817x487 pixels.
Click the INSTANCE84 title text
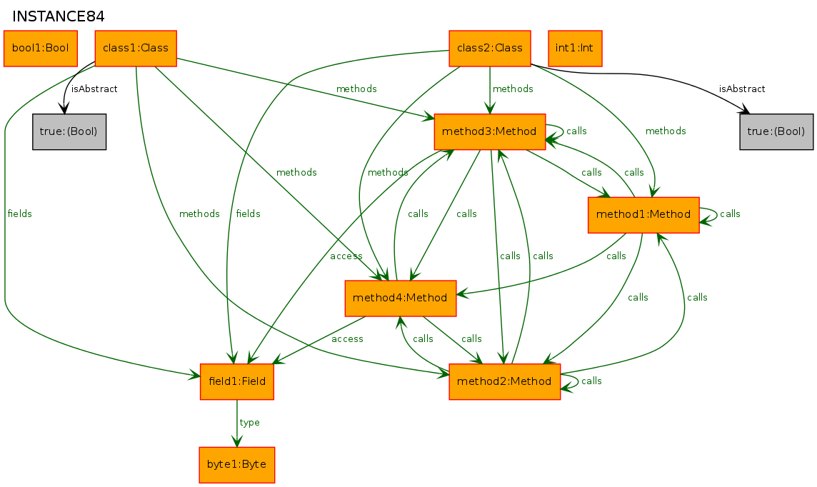coord(59,16)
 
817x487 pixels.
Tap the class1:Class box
coord(136,49)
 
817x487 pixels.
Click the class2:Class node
coord(490,49)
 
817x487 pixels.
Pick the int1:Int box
coord(575,49)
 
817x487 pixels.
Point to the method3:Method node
coord(490,131)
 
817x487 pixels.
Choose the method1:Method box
coord(643,215)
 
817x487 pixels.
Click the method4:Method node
coord(401,298)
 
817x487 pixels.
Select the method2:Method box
coord(505,381)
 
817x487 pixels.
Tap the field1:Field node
coord(237,381)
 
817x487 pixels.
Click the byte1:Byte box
coord(237,465)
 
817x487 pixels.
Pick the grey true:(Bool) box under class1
coord(69,131)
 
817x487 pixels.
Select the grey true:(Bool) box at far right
coord(776,131)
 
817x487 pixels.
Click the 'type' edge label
coord(250,423)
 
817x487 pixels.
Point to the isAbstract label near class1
coord(94,89)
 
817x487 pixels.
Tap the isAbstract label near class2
coord(742,89)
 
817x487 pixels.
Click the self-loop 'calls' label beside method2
coord(591,381)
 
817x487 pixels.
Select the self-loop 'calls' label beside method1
coord(730,214)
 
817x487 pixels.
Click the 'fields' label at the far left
coord(19,214)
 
